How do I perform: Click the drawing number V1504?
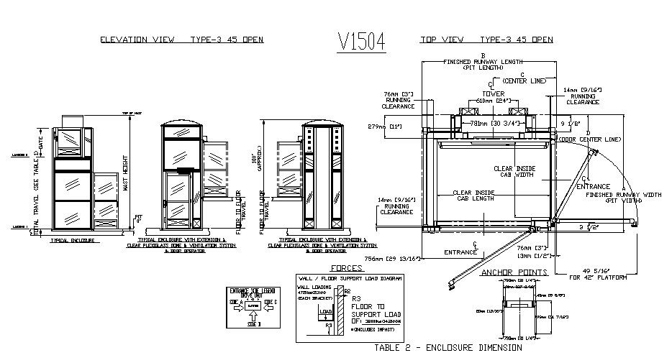coord(361,42)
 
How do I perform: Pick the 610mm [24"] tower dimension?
coord(489,101)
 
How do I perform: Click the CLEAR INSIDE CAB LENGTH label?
coord(473,196)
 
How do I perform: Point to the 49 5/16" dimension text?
coord(591,270)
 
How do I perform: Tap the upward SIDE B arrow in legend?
coord(253,316)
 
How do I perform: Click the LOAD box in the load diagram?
coord(327,313)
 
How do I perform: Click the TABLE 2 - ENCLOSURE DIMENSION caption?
coord(448,347)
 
